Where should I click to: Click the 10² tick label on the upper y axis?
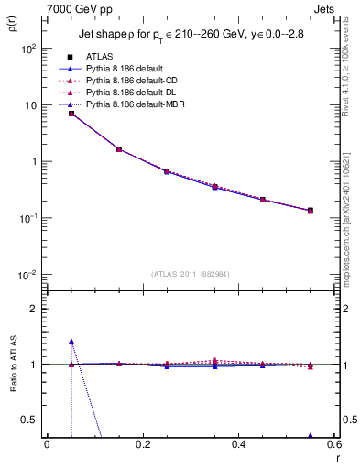coord(28,49)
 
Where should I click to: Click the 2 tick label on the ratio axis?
coord(34,309)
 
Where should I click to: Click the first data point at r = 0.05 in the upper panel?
coord(71,114)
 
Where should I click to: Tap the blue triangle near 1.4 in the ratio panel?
coord(71,342)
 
